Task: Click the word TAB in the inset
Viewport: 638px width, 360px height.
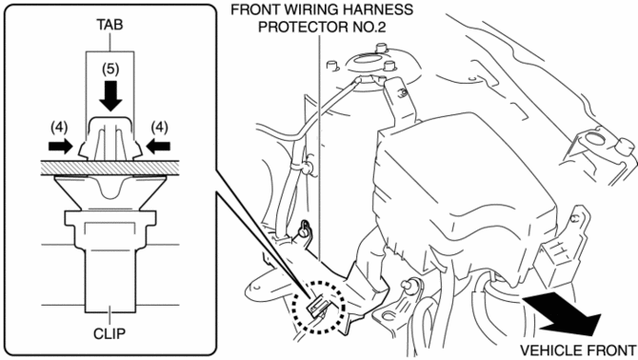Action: pyautogui.click(x=110, y=25)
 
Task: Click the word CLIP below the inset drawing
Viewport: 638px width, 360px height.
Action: pyautogui.click(x=110, y=333)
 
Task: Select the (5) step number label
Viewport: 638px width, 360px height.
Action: pyautogui.click(x=110, y=70)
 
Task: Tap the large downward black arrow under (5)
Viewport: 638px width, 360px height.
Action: pyautogui.click(x=110, y=96)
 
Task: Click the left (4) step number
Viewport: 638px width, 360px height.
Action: pyautogui.click(x=59, y=128)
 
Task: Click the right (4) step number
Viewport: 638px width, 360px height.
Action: pyautogui.click(x=160, y=128)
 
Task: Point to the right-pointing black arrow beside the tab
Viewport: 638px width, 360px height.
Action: pyautogui.click(x=60, y=146)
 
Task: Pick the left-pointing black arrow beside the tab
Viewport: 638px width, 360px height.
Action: pyautogui.click(x=158, y=146)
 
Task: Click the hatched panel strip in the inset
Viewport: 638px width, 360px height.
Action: pyautogui.click(x=110, y=168)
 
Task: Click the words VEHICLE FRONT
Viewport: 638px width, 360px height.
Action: pyautogui.click(x=578, y=350)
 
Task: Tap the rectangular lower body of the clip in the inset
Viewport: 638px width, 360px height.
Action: pyautogui.click(x=110, y=280)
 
